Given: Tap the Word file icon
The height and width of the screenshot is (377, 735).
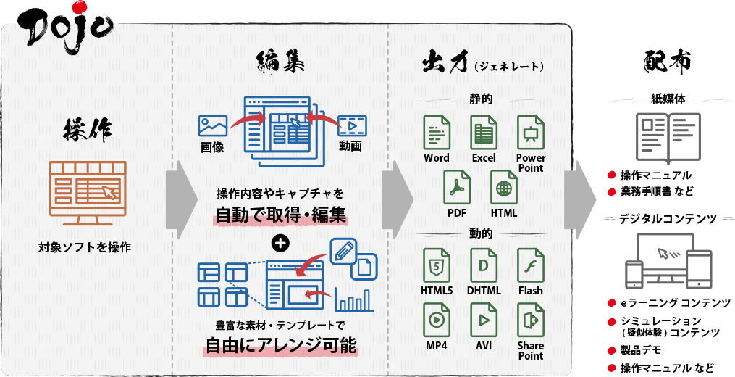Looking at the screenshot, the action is pyautogui.click(x=437, y=133).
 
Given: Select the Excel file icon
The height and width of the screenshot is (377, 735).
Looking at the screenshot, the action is pyautogui.click(x=483, y=133).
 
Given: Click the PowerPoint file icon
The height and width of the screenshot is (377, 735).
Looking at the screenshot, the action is pyautogui.click(x=530, y=133).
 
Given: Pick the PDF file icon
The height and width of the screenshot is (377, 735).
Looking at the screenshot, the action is pyautogui.click(x=457, y=187).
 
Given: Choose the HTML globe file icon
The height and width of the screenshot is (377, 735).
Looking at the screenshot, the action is pyautogui.click(x=504, y=187).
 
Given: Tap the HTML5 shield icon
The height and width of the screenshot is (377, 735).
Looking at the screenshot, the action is pyautogui.click(x=437, y=265).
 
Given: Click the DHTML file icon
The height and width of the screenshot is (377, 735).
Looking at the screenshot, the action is pyautogui.click(x=483, y=265).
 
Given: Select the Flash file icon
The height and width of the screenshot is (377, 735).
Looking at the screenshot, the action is pyautogui.click(x=530, y=265).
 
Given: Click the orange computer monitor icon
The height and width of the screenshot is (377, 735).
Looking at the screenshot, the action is pyautogui.click(x=88, y=193).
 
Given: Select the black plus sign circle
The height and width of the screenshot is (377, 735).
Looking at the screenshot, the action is pyautogui.click(x=280, y=243).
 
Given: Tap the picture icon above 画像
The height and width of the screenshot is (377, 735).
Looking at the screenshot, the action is pyautogui.click(x=213, y=126).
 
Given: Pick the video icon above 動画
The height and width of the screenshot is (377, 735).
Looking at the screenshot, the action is pyautogui.click(x=353, y=126).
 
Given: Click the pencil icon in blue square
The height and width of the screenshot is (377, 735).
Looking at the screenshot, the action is pyautogui.click(x=343, y=251).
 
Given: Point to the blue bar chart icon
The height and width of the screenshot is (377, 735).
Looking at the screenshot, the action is pyautogui.click(x=354, y=300).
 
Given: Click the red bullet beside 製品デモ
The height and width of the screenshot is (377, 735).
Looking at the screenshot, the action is pyautogui.click(x=611, y=350).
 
